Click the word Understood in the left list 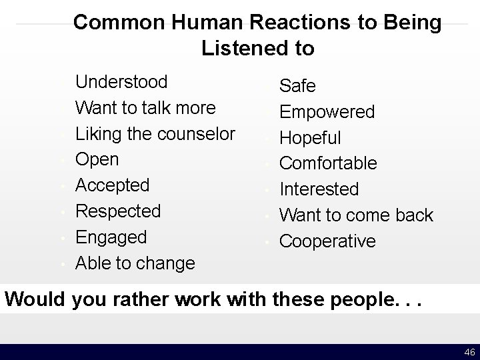[121, 82]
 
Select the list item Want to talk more [145, 107]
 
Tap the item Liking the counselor [155, 133]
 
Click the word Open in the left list [97, 159]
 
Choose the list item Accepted [113, 185]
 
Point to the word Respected [118, 211]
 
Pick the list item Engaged [111, 237]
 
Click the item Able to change [135, 263]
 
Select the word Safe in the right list [297, 86]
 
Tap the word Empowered [327, 112]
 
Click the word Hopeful [310, 138]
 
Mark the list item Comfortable [328, 163]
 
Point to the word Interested [319, 189]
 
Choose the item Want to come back [356, 215]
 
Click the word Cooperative [327, 241]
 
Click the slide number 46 [469, 352]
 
